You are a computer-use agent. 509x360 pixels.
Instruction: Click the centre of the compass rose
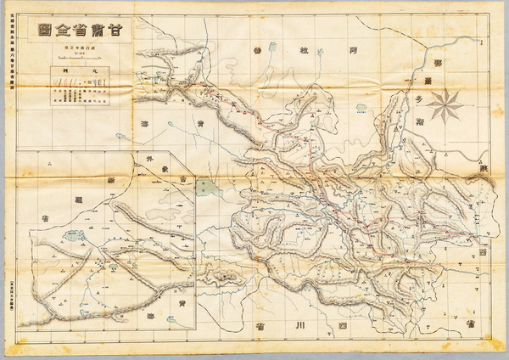(445, 105)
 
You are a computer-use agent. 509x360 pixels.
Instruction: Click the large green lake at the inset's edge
(205, 188)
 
